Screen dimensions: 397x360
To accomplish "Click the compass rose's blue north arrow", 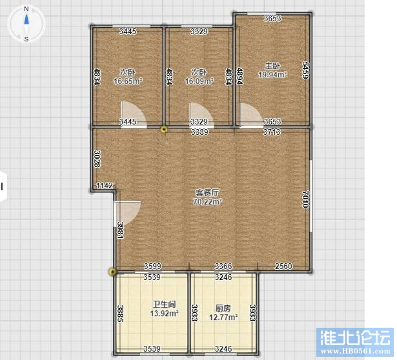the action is coord(26,20).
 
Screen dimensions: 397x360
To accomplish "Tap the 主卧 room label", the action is coord(272,66).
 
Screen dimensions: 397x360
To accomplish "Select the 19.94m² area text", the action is coord(272,75).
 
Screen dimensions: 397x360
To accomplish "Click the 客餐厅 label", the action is coord(207,193).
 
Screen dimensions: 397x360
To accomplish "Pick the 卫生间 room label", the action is coord(165,304).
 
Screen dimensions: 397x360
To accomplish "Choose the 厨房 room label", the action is coord(223,308).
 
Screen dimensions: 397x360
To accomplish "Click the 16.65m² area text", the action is coord(128,81).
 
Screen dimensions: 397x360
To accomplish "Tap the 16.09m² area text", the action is coord(199,81).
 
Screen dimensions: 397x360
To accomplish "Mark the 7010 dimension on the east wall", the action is coord(306,199).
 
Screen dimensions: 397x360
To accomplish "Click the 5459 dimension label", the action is coord(306,70).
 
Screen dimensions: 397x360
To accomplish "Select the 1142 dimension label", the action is coord(105,185).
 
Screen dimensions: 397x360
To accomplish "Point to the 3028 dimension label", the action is coord(97,159).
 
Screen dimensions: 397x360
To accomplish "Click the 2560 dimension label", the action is coord(283,266).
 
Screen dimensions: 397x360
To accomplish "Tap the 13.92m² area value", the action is coord(165,314).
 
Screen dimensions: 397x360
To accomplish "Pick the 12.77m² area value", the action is coord(223,317).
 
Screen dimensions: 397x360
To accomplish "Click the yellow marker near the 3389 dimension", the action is coord(164,130).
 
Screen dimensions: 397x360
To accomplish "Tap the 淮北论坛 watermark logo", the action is coord(355,342).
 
